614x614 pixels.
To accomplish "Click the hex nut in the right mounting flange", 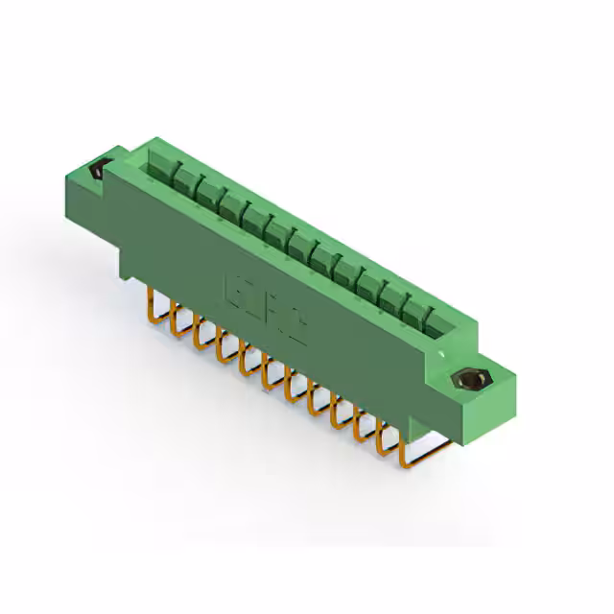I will click(x=469, y=380).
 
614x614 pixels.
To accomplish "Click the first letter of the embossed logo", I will click(x=233, y=288).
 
